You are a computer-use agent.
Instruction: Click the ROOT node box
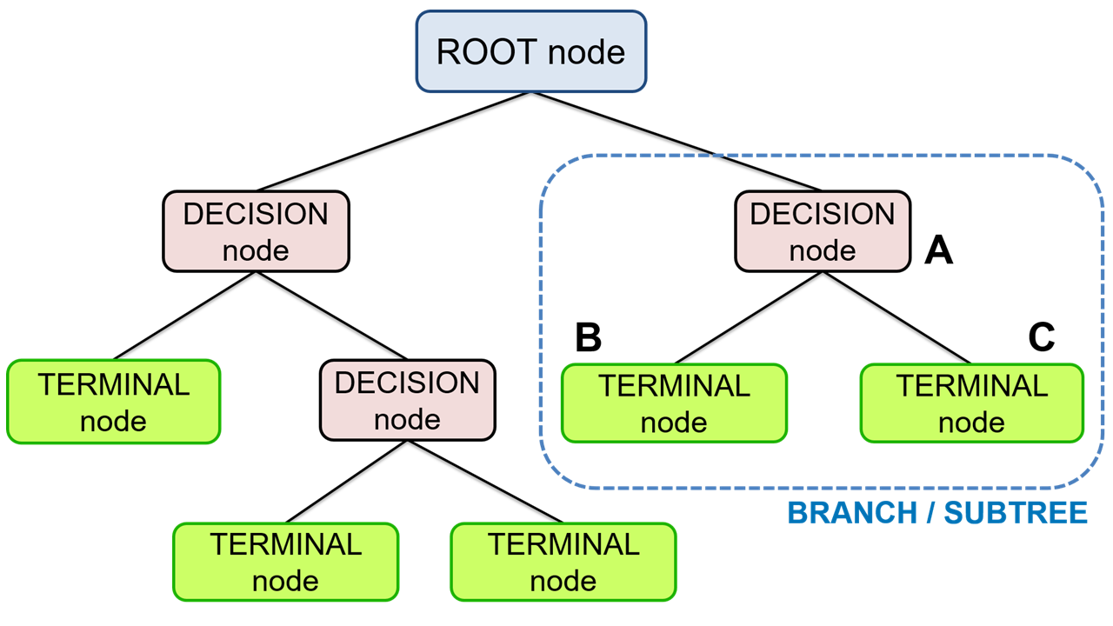coord(531,51)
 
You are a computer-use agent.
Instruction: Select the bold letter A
coord(938,251)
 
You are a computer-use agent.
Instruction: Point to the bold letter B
coord(589,338)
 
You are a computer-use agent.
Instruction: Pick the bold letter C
coord(1041,338)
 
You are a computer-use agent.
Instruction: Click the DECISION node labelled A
coord(823,232)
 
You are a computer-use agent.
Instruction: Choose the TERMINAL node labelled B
coord(674,403)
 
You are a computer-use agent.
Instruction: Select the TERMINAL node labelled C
coord(972,403)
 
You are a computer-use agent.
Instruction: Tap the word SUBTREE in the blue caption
coord(1016,513)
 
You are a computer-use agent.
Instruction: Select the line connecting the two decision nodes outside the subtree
coord(331,316)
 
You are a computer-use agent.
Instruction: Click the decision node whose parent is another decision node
coord(408,401)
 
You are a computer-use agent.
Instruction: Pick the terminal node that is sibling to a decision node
coord(113,402)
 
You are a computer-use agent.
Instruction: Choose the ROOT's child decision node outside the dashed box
coord(256,232)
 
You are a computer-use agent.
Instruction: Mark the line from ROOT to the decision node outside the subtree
coord(394,141)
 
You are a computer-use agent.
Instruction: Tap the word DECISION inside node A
coord(823,215)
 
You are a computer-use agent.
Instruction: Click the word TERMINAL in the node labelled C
coord(972,386)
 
